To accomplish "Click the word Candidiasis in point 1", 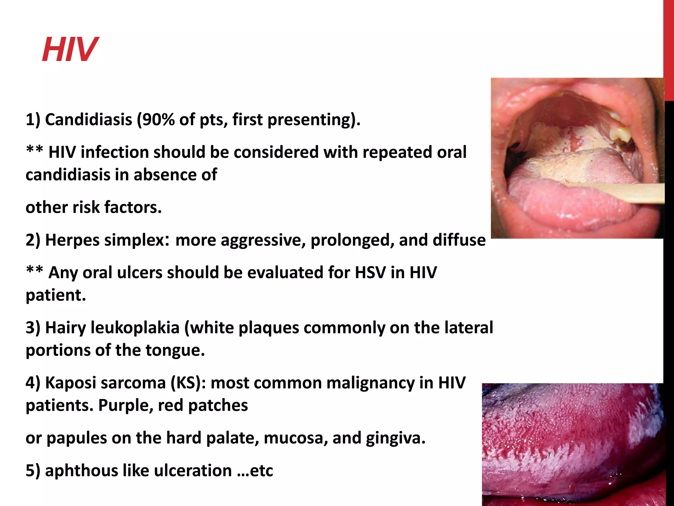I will tap(88, 119).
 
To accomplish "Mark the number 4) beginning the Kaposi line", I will tap(33, 383).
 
